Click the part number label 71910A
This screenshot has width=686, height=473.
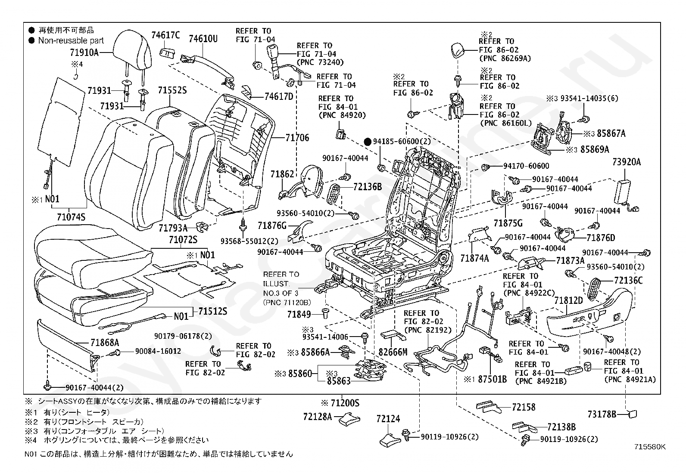tap(84, 53)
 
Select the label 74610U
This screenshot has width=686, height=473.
tap(203, 39)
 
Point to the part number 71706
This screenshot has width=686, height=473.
tap(297, 138)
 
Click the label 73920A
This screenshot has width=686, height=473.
tap(627, 162)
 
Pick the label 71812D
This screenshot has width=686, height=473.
tap(568, 301)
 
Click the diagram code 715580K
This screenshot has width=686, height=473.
tap(650, 447)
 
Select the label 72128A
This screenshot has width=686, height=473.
tap(318, 417)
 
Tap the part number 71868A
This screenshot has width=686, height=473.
tap(105, 342)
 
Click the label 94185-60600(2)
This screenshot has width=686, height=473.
tap(402, 141)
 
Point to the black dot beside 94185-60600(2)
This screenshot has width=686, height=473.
tap(368, 142)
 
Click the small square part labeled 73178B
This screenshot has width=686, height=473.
tap(633, 414)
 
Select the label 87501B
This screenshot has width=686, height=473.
tap(493, 379)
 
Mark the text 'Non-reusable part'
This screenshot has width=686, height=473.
tap(71, 40)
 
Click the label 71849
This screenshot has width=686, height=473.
tap(299, 314)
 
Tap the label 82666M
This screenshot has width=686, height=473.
tap(393, 352)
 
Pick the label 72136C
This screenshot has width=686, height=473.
tap(628, 280)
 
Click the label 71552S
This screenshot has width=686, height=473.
tap(172, 90)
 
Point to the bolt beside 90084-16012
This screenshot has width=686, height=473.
tap(115, 353)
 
